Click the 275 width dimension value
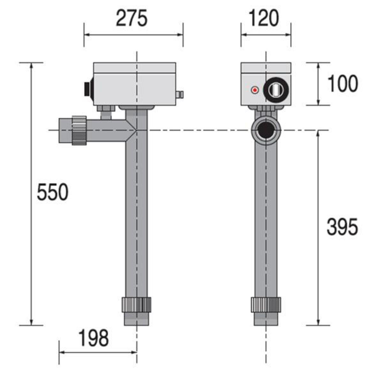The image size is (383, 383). (x=131, y=18)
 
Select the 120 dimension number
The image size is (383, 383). (x=264, y=18)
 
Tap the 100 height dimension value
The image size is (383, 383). (x=343, y=84)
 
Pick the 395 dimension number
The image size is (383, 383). (x=342, y=227)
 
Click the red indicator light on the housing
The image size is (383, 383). (x=254, y=90)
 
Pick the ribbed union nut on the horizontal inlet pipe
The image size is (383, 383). (x=79, y=131)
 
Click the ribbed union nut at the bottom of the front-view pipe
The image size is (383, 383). (x=136, y=305)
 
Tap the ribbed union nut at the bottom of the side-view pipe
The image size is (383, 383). (x=266, y=305)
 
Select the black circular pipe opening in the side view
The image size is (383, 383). (x=265, y=130)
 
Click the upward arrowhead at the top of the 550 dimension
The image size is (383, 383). (x=31, y=66)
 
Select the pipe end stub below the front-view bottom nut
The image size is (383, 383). (x=136, y=319)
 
